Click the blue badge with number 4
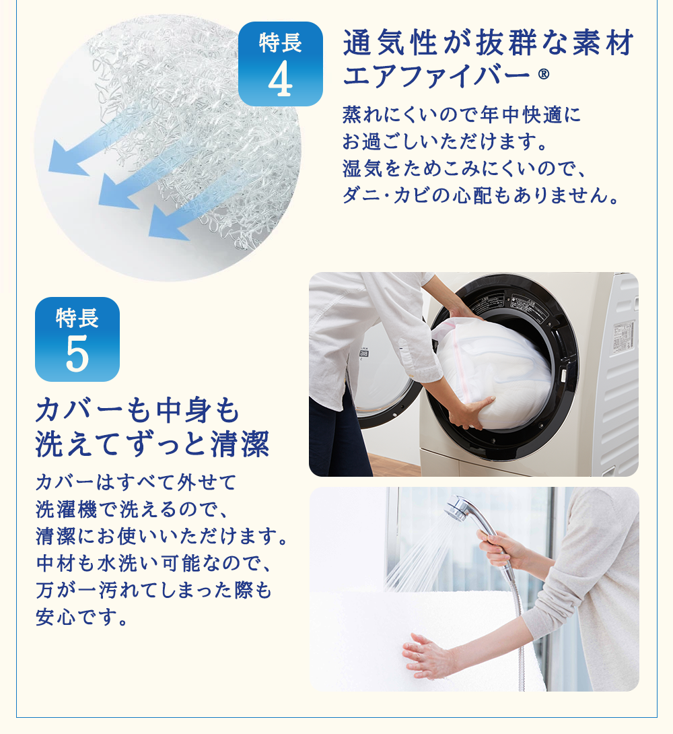280,64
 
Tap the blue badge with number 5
77,339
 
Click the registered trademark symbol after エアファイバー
544,73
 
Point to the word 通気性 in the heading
390,42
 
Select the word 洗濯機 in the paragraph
66,509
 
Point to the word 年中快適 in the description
520,114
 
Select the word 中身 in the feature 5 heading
184,410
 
